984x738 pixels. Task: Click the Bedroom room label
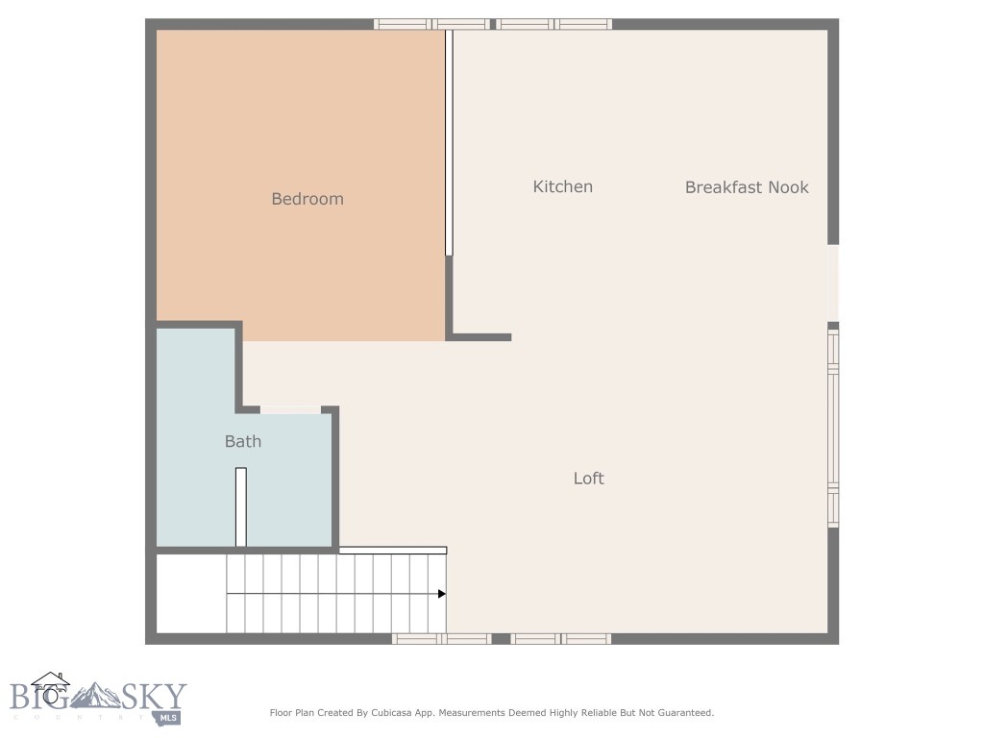tap(307, 199)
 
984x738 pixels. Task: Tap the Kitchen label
tap(562, 186)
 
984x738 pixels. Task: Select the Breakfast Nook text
tap(747, 187)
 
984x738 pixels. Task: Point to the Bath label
tap(242, 441)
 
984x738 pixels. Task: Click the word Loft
tap(588, 478)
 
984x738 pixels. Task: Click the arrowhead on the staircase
tap(442, 594)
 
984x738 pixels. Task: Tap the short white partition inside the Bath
tap(241, 506)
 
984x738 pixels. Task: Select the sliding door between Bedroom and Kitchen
tap(449, 142)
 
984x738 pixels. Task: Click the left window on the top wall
tap(431, 24)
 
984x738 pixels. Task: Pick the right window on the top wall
tap(554, 24)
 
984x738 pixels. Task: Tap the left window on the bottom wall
tap(441, 638)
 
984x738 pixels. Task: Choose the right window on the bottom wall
tap(561, 638)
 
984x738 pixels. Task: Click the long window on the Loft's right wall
tap(833, 428)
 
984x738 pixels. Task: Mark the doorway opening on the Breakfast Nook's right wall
tap(833, 283)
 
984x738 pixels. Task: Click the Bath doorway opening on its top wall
tap(290, 409)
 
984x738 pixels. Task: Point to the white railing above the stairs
tap(392, 550)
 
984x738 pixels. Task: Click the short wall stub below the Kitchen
tap(480, 337)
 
